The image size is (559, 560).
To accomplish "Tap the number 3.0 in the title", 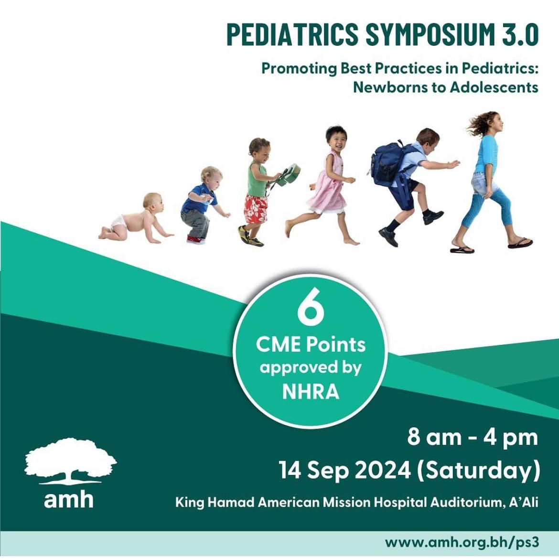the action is coord(517,34).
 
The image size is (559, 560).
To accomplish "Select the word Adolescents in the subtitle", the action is coord(494,87).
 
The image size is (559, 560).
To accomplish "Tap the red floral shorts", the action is coord(256,209).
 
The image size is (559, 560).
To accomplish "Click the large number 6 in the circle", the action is coord(311,308).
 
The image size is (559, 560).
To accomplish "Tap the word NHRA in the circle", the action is coord(311,391).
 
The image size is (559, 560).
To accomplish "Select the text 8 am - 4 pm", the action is coord(472,437).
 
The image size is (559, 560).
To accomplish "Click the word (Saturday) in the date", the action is coord(478,471).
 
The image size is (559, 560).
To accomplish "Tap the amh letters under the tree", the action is coord(69,499).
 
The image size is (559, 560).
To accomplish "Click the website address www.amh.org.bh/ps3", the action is coord(462,542).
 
